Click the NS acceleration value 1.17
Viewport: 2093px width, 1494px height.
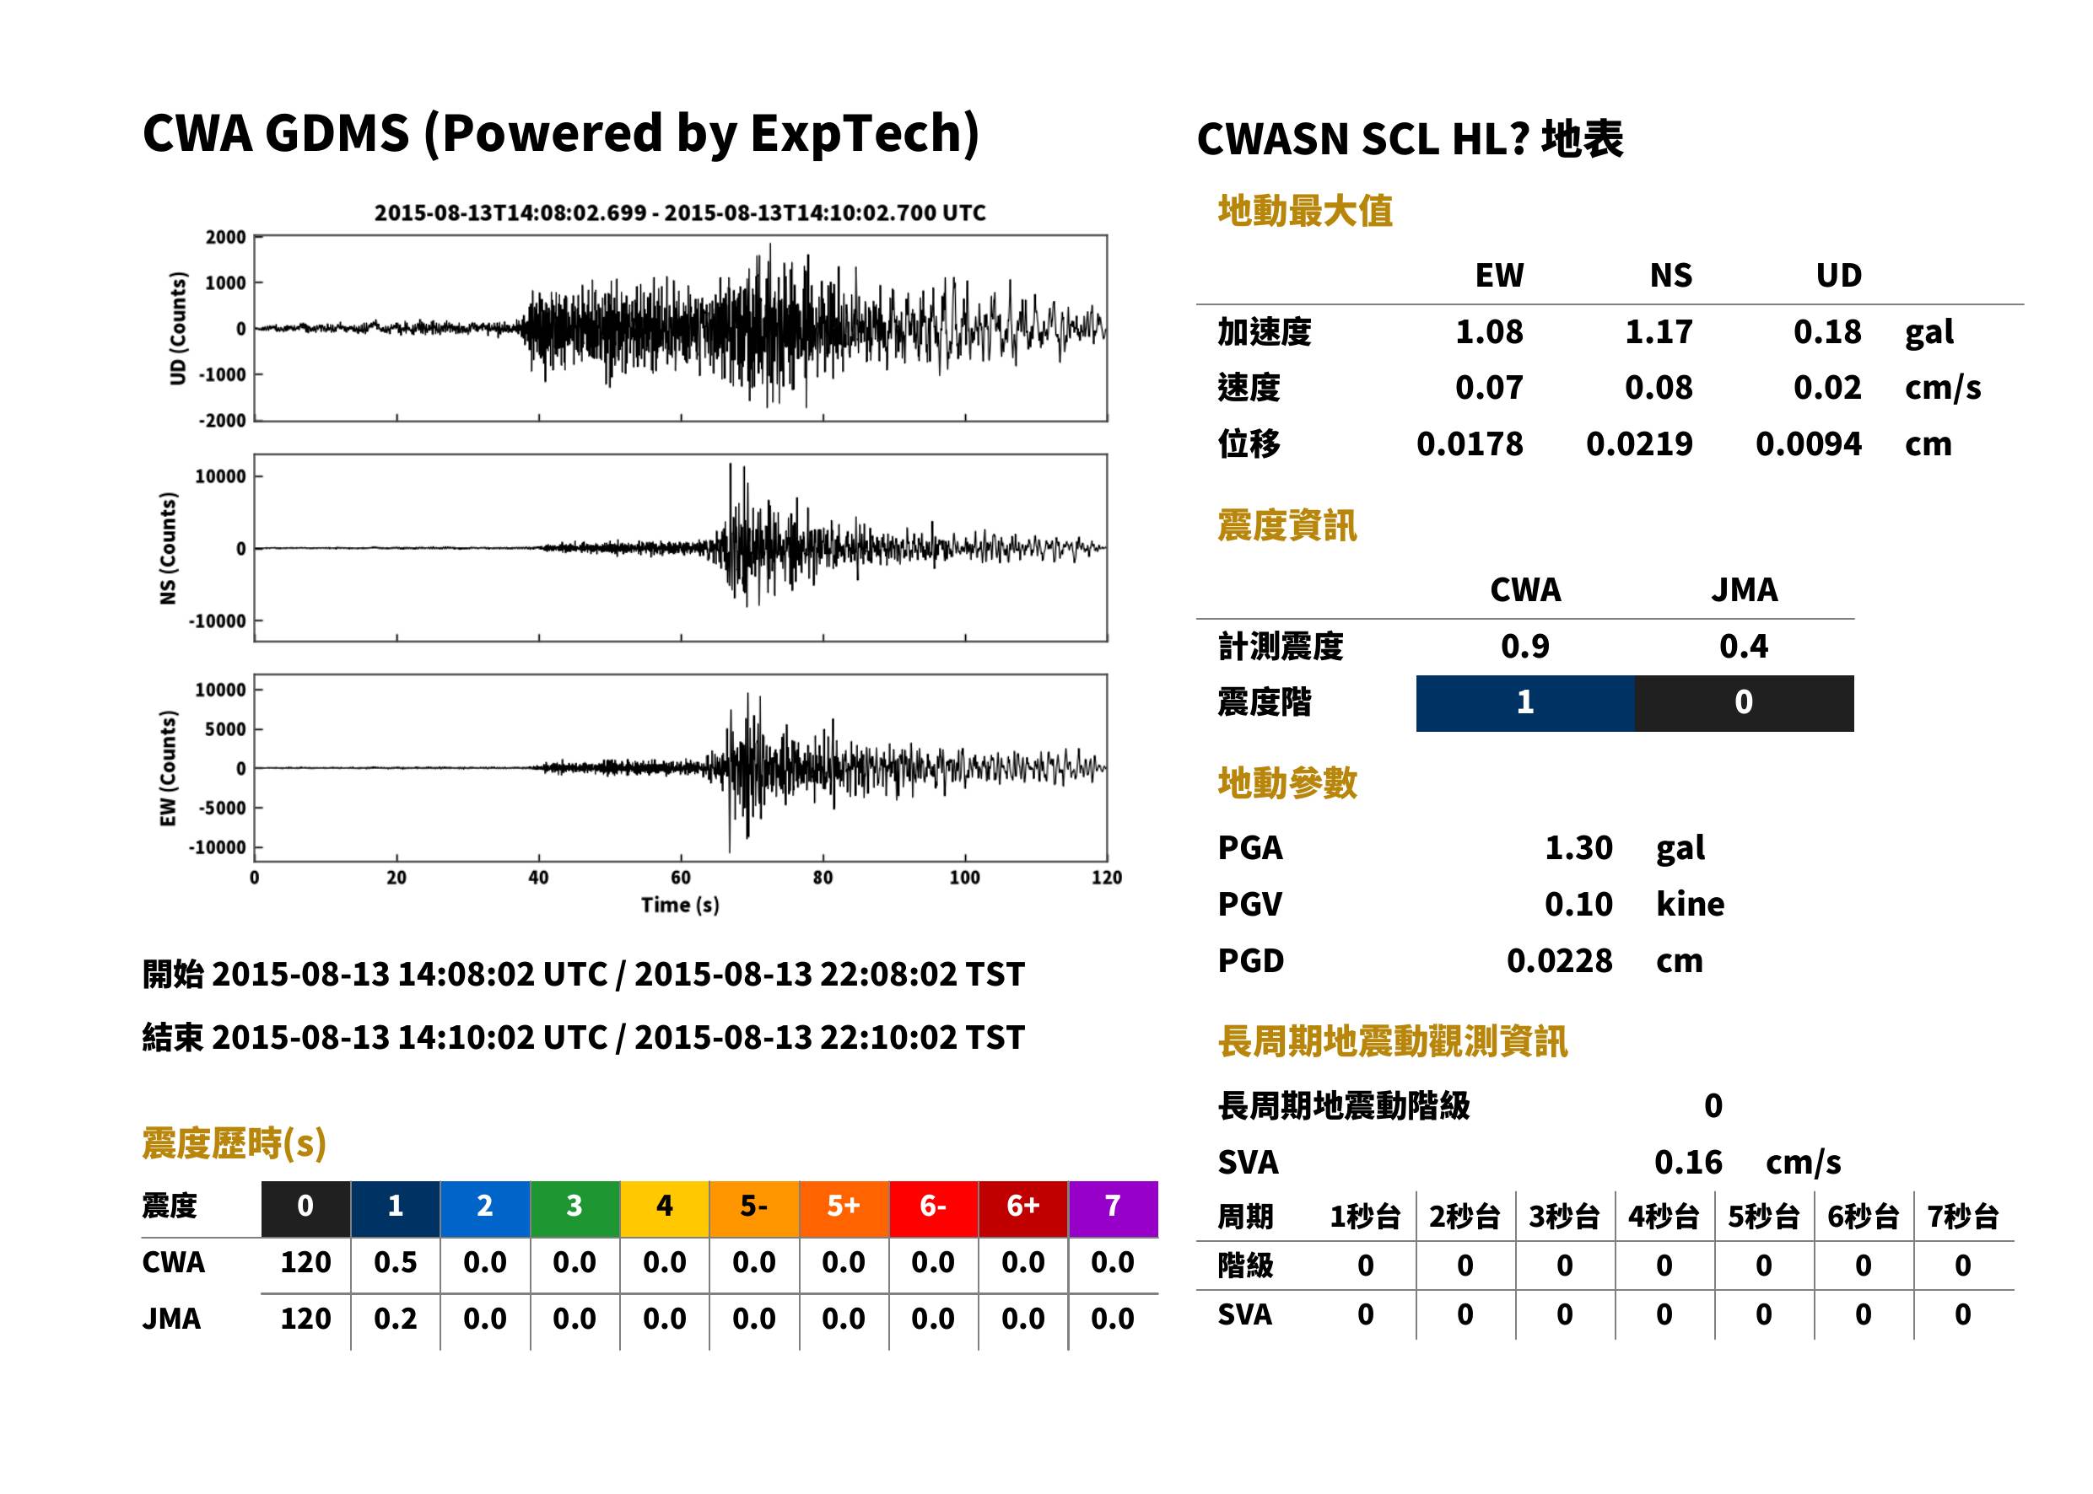[x=1658, y=332]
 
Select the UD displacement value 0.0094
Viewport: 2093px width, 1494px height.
[x=1808, y=444]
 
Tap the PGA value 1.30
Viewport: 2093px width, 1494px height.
[x=1578, y=847]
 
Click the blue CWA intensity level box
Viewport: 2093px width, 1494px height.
[x=1524, y=703]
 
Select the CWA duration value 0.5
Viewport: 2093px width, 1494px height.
[x=395, y=1262]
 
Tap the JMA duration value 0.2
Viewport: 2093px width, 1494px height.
[x=395, y=1319]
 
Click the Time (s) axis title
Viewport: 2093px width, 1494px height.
[x=680, y=906]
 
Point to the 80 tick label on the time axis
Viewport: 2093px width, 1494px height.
[x=823, y=878]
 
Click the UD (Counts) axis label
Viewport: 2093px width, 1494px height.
[x=178, y=329]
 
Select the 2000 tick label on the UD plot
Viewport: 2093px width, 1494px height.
[x=225, y=238]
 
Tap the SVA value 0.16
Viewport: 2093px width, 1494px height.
[x=1687, y=1162]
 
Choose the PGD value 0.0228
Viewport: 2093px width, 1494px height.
[x=1559, y=960]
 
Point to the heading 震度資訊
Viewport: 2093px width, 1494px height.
[x=1287, y=525]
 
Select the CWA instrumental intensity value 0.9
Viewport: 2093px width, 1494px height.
[x=1524, y=647]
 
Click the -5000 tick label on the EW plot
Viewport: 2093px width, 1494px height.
[x=221, y=808]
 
